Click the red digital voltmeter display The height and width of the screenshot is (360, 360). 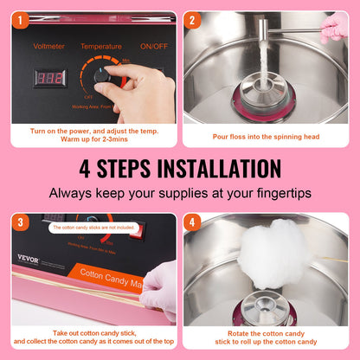49,77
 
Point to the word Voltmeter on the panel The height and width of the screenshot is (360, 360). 48,46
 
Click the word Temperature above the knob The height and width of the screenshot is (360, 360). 100,46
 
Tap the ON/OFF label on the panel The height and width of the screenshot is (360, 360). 153,46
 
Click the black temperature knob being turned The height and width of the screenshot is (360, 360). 105,77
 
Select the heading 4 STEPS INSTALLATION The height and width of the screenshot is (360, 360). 180,168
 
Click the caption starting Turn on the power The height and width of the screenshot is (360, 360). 91,137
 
